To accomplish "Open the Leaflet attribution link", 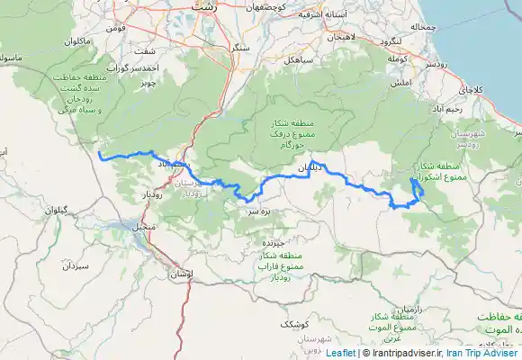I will coord(340,353).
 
